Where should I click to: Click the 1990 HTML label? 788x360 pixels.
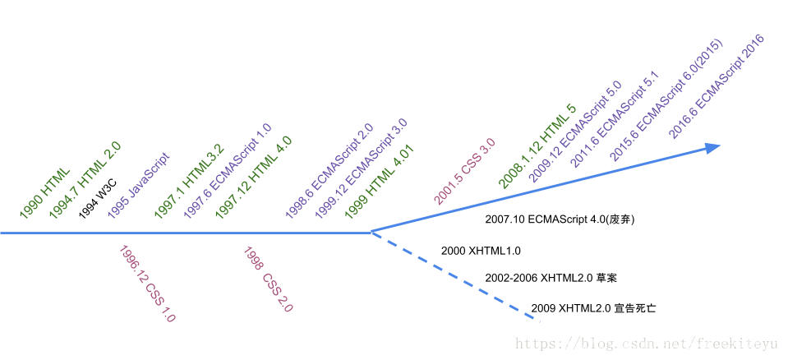(x=45, y=194)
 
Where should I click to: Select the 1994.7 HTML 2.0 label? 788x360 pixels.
(x=85, y=181)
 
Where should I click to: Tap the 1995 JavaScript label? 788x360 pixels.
(x=138, y=186)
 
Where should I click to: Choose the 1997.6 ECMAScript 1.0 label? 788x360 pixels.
(x=227, y=171)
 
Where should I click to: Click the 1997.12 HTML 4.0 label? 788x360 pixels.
(x=253, y=178)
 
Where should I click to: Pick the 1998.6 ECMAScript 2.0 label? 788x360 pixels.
(x=329, y=171)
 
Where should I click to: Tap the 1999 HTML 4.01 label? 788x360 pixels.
(x=380, y=182)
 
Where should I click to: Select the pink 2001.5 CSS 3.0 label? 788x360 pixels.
(x=464, y=171)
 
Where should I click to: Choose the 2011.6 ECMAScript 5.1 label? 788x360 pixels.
(x=615, y=119)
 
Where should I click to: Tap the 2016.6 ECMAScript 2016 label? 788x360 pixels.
(x=717, y=86)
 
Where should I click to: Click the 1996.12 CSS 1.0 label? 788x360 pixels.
(x=147, y=284)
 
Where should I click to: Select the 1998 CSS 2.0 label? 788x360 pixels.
(x=268, y=279)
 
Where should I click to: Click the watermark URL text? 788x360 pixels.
(x=646, y=344)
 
